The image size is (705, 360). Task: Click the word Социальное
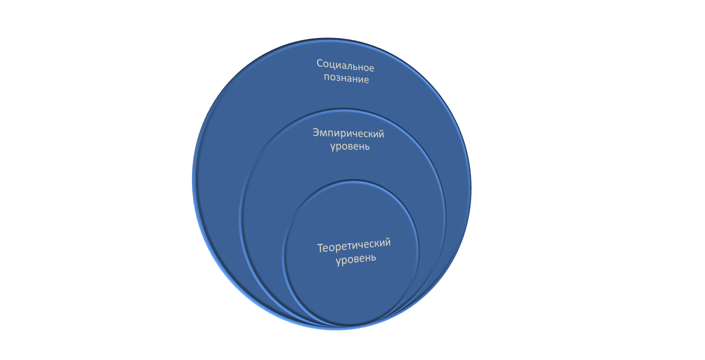tap(345, 66)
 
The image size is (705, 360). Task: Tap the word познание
tap(346, 78)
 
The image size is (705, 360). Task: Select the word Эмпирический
tap(348, 133)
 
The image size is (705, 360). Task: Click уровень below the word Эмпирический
tap(350, 146)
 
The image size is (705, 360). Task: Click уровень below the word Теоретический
tap(356, 259)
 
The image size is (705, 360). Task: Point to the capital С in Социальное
tap(320, 63)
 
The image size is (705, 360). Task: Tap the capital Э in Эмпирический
tap(316, 132)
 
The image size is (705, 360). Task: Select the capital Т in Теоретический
tap(321, 248)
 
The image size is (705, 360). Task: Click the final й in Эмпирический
tap(381, 133)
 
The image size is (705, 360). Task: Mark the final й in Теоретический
tap(387, 242)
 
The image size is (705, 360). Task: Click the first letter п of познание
tap(327, 77)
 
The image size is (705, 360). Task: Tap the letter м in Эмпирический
tap(325, 133)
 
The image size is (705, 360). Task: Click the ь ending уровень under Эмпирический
tap(367, 146)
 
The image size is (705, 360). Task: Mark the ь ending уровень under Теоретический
tap(373, 257)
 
